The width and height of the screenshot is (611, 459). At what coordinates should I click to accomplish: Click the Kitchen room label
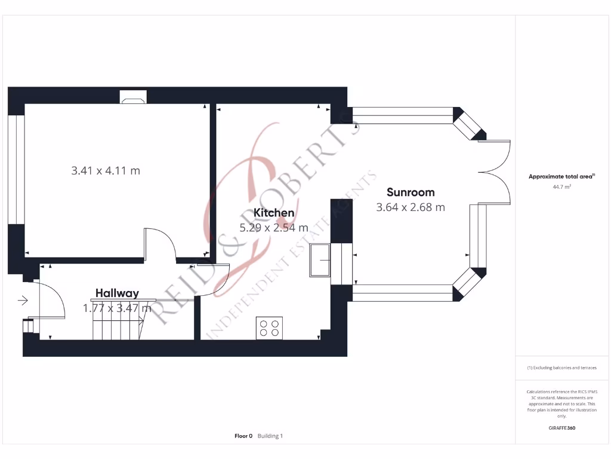[x=273, y=213]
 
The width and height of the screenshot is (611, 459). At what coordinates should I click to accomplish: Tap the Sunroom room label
[x=411, y=192]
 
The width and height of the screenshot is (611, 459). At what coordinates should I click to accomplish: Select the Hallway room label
[x=117, y=293]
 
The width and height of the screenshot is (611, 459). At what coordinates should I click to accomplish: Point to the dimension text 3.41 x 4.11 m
[x=106, y=170]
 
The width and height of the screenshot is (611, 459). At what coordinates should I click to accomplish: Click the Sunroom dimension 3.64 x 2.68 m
[x=411, y=207]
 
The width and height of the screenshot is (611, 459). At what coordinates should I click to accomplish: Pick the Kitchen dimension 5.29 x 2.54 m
[x=273, y=228]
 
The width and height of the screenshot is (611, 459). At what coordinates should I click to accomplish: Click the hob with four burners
[x=269, y=328]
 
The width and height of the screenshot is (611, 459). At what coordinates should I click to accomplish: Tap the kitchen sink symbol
[x=320, y=260]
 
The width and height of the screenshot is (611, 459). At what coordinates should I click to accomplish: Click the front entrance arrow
[x=23, y=301]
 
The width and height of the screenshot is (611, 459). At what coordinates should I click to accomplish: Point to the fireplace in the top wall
[x=133, y=97]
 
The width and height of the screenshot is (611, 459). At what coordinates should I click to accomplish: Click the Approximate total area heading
[x=561, y=176]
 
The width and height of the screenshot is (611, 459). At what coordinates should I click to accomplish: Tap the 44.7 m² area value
[x=561, y=187]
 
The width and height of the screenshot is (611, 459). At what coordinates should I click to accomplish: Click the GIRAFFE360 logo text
[x=561, y=428]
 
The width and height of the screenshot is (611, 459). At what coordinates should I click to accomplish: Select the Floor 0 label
[x=243, y=436]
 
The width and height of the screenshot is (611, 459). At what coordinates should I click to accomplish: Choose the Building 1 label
[x=270, y=436]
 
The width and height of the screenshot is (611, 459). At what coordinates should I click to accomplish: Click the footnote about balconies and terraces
[x=561, y=368]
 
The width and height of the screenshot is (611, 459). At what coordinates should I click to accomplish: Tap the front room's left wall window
[x=16, y=170]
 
